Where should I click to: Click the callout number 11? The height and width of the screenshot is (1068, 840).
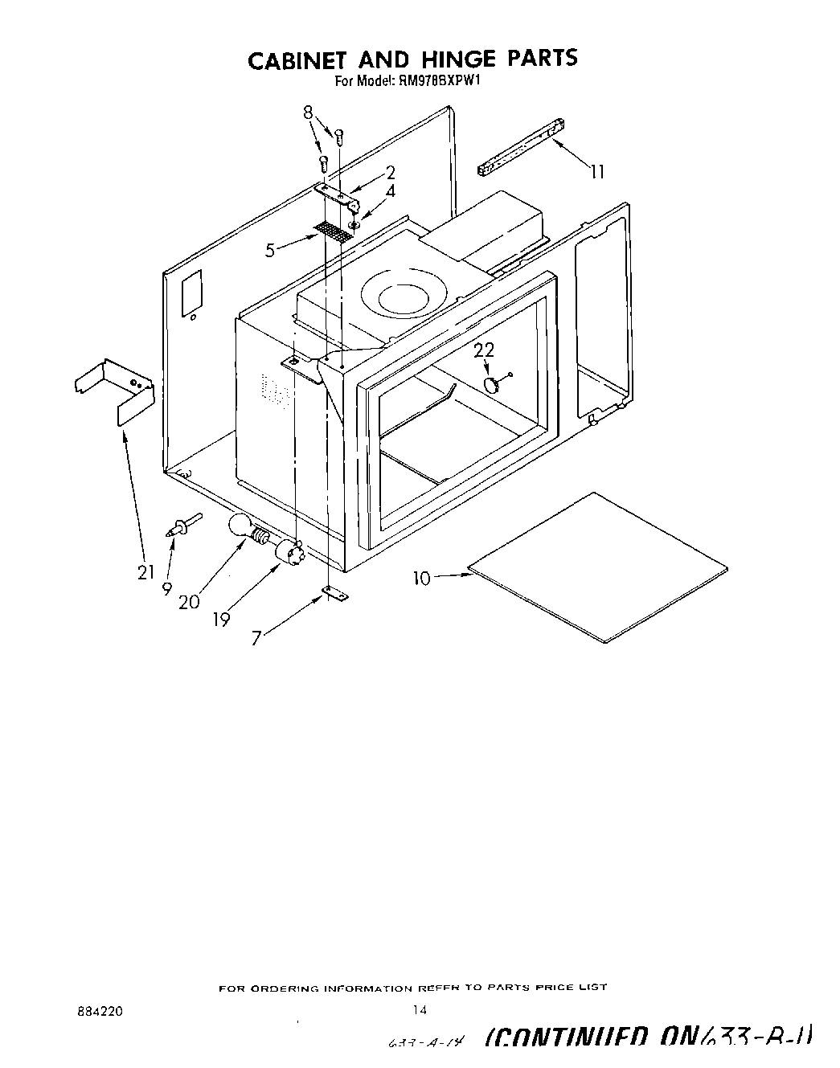coord(597,171)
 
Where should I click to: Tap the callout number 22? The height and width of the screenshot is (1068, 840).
coord(484,350)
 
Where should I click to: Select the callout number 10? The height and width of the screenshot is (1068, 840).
coord(423,577)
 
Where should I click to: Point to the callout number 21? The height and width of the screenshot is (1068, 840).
coord(145,572)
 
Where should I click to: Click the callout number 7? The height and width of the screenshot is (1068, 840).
coord(256,639)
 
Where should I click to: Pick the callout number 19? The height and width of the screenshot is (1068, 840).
coord(221,619)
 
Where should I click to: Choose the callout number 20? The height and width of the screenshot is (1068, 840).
coord(189,601)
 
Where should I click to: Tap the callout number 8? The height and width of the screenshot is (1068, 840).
coord(308,113)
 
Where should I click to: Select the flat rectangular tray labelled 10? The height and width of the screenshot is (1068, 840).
coord(599,567)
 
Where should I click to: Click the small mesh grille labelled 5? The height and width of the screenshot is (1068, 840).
coord(334,232)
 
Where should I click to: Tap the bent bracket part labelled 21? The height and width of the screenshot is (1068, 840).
coord(115,389)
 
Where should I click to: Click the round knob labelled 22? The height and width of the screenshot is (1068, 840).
coord(492,384)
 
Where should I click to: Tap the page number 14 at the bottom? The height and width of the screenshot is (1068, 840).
coord(416,1010)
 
